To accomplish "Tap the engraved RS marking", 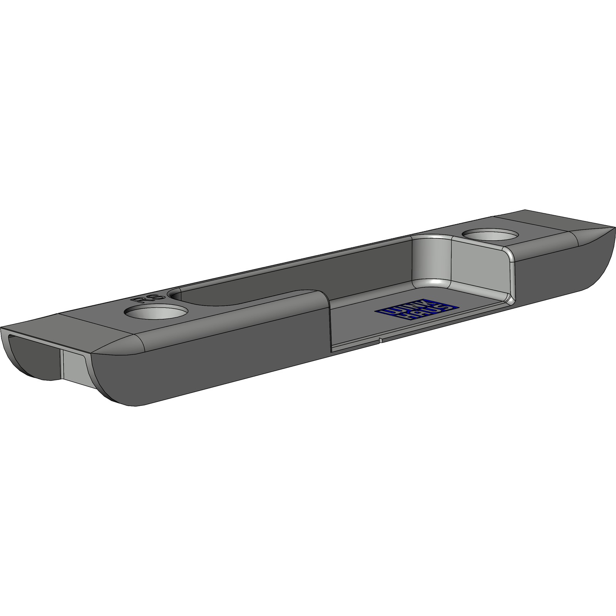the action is point(151,298).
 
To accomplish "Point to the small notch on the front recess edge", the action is point(380,340).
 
